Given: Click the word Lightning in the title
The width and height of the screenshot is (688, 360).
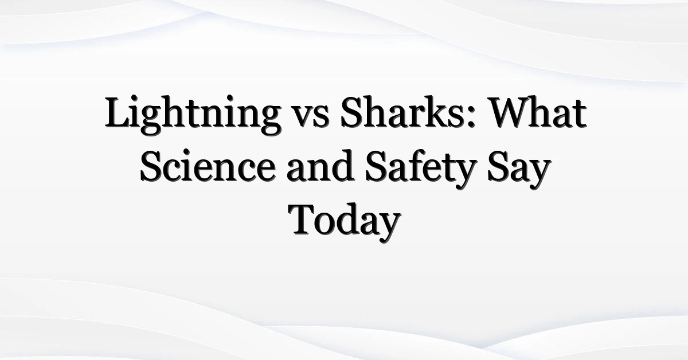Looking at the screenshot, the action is (193, 115).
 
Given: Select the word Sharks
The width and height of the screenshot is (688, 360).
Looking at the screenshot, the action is (402, 112).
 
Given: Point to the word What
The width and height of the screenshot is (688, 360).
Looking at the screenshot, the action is (537, 112).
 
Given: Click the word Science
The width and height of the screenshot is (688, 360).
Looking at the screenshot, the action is (208, 166).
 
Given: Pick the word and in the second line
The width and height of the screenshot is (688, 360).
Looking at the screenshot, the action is (320, 166).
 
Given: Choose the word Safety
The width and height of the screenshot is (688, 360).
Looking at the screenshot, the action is (421, 169).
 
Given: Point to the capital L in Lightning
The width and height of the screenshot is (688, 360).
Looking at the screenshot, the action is (119, 112).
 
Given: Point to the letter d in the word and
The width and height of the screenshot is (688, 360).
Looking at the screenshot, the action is (342, 166).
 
